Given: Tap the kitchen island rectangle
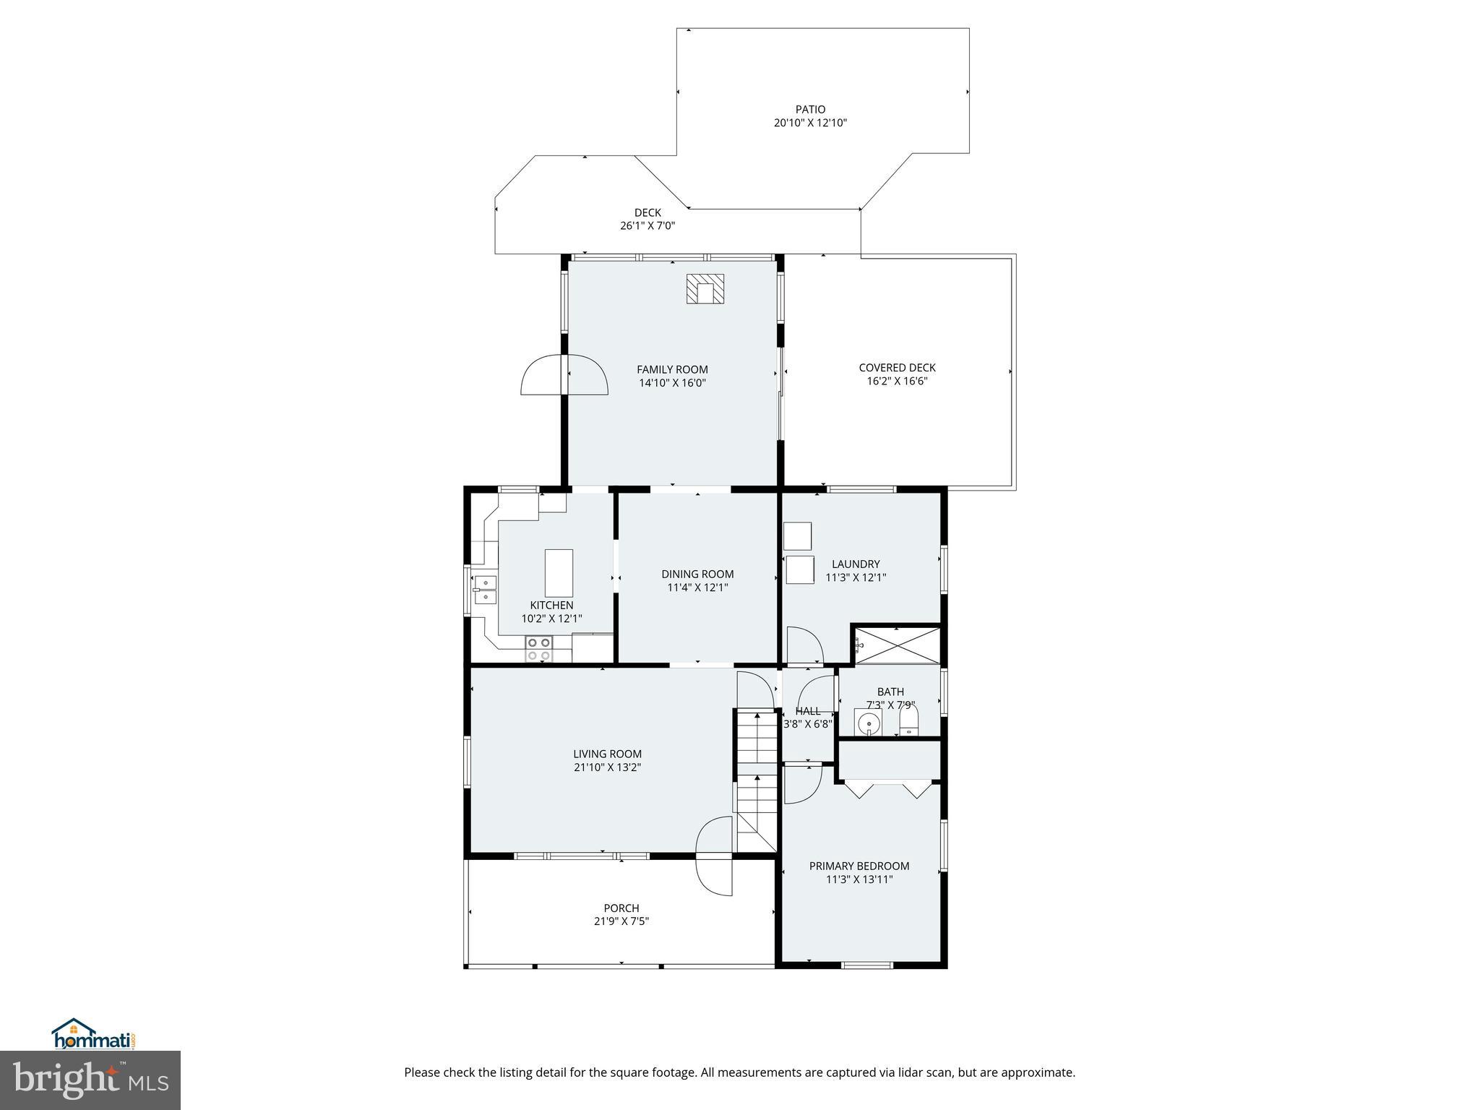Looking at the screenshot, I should (x=559, y=572).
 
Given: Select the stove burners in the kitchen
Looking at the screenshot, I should (x=538, y=649).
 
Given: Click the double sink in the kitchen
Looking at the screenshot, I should (x=485, y=589).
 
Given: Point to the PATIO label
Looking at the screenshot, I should (x=810, y=110).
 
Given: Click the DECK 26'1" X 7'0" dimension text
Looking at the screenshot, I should (x=647, y=225).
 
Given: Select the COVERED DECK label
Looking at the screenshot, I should (x=897, y=368).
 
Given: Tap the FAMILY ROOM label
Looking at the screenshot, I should (x=672, y=370).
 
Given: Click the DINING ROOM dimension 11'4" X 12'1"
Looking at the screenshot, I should (x=697, y=588).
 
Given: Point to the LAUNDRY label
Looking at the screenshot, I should (x=856, y=564).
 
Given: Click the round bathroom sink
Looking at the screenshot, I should (x=868, y=722).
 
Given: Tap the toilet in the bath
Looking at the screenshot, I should (x=908, y=721).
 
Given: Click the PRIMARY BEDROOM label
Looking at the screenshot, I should (x=859, y=866).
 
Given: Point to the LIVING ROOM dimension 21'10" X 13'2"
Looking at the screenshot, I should (x=607, y=767).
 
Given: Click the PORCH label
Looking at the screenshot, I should (x=621, y=908).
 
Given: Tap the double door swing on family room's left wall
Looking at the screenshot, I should (x=564, y=375).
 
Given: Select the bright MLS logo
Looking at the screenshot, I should (x=90, y=1080).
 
